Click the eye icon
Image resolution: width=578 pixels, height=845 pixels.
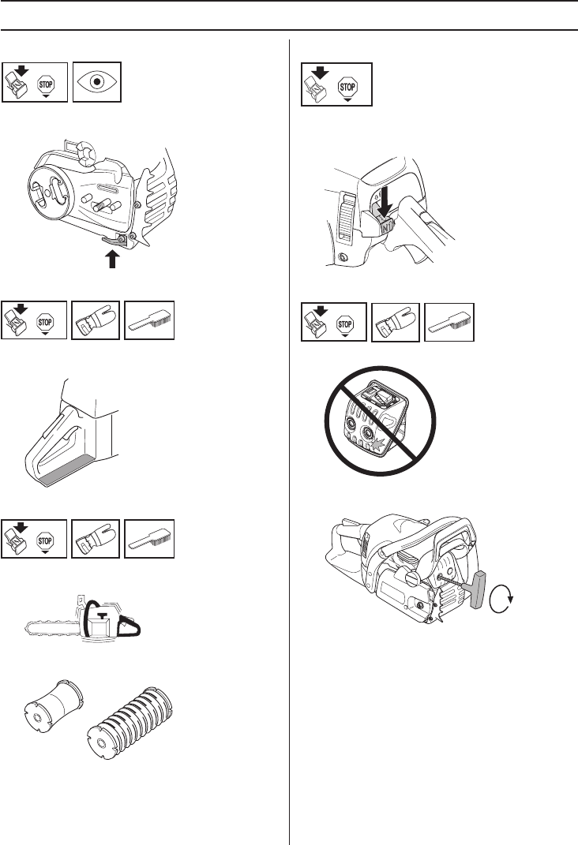(x=97, y=81)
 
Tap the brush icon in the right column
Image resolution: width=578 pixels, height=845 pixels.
(x=449, y=323)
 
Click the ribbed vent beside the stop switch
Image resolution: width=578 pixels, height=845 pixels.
(x=345, y=214)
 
